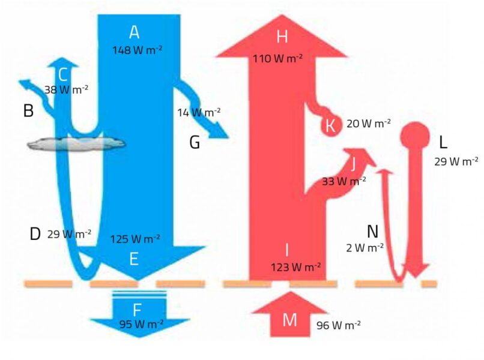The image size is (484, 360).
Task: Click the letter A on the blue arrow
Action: tap(133, 32)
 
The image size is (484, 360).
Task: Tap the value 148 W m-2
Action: tap(137, 50)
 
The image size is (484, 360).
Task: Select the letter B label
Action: tap(28, 110)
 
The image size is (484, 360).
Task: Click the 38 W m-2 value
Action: tap(67, 89)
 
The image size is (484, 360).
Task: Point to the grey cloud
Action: tap(76, 143)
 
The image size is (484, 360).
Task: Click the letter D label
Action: tap(35, 234)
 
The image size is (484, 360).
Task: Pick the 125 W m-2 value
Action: tap(135, 239)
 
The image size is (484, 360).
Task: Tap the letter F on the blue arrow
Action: tap(138, 310)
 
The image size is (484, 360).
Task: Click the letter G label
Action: tap(195, 142)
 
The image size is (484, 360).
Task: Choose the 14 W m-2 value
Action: tap(199, 112)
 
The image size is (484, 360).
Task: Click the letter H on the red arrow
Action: tap(282, 37)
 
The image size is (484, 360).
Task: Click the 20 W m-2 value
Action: tap(369, 123)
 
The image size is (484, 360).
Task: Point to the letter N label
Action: tap(374, 231)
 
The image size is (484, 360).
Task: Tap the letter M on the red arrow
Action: tap(289, 319)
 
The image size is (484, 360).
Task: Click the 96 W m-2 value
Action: tap(338, 325)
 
